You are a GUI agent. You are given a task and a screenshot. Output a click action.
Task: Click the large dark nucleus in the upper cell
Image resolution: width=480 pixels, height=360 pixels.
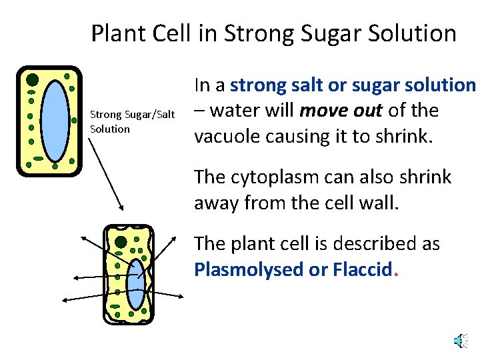point(32,80)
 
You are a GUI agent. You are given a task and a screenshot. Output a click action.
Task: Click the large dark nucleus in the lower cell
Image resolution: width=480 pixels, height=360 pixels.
point(121,242)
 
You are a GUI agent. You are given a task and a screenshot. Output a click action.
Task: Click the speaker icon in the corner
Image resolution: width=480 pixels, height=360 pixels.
point(459,342)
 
